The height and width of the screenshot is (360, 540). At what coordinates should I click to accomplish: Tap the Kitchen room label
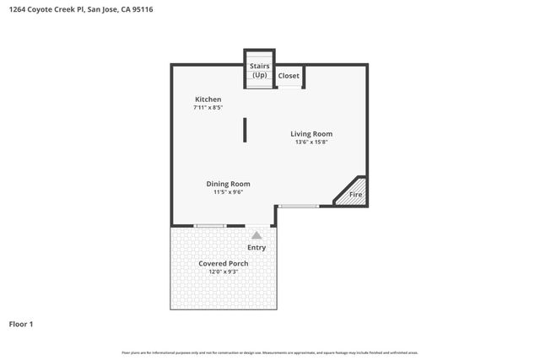tap(208, 99)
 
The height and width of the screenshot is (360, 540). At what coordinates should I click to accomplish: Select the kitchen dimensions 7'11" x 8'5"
tap(208, 108)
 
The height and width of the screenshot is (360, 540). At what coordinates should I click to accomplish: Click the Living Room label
tap(311, 134)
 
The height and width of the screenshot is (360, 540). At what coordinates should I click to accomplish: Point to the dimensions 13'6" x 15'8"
tap(311, 142)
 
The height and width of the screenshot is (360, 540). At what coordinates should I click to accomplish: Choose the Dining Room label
tap(228, 184)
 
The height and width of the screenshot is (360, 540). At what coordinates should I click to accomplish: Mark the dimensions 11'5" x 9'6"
tap(228, 192)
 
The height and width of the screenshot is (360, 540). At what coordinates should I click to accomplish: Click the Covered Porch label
tap(224, 263)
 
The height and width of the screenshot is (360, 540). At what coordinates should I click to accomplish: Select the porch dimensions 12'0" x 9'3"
tap(224, 271)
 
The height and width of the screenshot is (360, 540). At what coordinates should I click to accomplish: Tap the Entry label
tap(256, 248)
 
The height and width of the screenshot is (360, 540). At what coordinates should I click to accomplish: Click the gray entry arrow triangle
tap(256, 235)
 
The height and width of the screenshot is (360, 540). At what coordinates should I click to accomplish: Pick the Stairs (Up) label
tap(259, 70)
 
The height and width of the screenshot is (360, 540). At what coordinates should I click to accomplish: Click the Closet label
tap(289, 76)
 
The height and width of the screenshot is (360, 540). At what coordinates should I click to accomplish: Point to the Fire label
tap(356, 195)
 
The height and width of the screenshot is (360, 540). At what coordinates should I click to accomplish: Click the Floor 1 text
tap(21, 324)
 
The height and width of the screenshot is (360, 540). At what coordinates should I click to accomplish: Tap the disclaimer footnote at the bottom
tap(270, 352)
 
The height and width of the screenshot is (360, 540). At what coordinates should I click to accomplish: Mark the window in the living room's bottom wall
tap(299, 206)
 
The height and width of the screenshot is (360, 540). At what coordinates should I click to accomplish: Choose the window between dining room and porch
tap(209, 225)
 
